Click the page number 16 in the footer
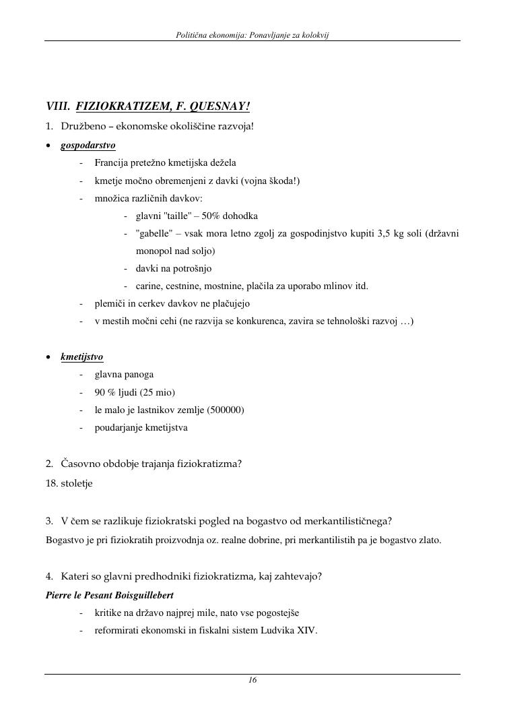pos(252,681)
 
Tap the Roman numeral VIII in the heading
pos(57,106)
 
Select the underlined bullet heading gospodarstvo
pos(88,145)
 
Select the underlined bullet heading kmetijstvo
pos(82,356)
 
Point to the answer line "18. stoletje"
pos(69,483)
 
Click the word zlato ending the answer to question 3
pos(428,540)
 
